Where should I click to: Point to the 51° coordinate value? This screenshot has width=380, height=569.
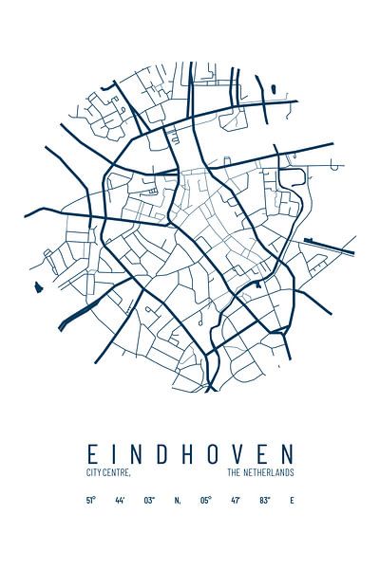[91, 500]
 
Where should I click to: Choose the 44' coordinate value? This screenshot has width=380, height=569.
[120, 500]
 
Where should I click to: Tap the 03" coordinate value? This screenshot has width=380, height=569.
[149, 500]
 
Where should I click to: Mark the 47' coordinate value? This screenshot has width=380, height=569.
[235, 500]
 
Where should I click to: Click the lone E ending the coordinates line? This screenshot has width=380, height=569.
[292, 500]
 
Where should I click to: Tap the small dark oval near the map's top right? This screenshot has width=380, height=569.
[273, 90]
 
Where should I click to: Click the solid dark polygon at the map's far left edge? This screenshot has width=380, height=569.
[39, 287]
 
